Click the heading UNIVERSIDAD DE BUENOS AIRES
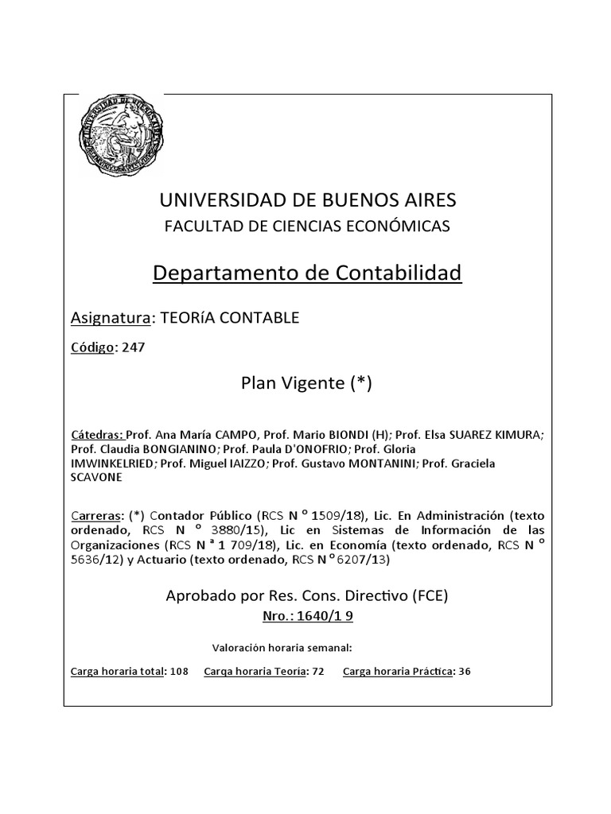pyautogui.click(x=306, y=200)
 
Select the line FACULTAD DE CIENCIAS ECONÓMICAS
pyautogui.click(x=306, y=226)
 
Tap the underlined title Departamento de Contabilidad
pyautogui.click(x=306, y=273)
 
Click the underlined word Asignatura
pyautogui.click(x=111, y=318)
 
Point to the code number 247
pyautogui.click(x=134, y=347)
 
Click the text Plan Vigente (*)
pyautogui.click(x=306, y=384)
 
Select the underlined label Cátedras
pyautogui.click(x=97, y=435)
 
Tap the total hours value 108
pyautogui.click(x=179, y=672)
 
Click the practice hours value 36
pyautogui.click(x=465, y=672)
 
